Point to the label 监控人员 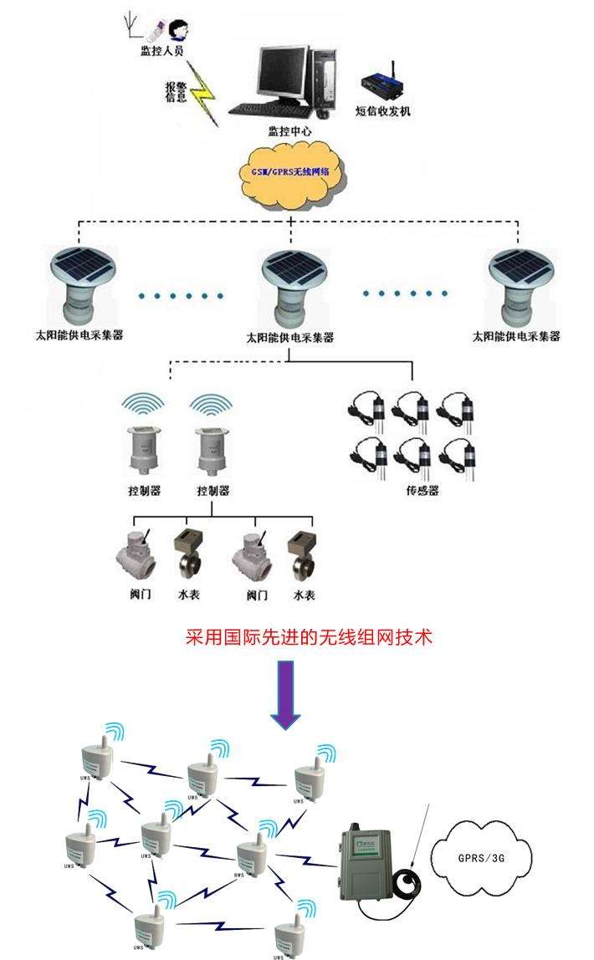[161, 52]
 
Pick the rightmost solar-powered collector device [523, 284]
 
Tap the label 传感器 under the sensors [422, 491]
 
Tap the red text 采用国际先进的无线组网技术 [309, 638]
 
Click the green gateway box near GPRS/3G [369, 861]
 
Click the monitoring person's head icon [178, 31]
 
